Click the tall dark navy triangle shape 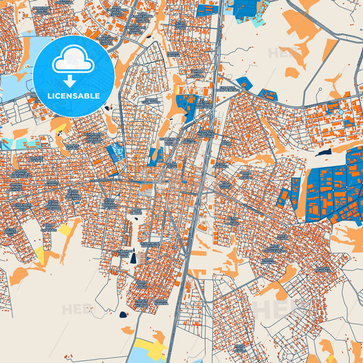[x=134, y=257]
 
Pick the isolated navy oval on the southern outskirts [x=123, y=315]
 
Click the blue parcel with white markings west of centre [x=116, y=151]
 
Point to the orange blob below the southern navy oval [x=127, y=330]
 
